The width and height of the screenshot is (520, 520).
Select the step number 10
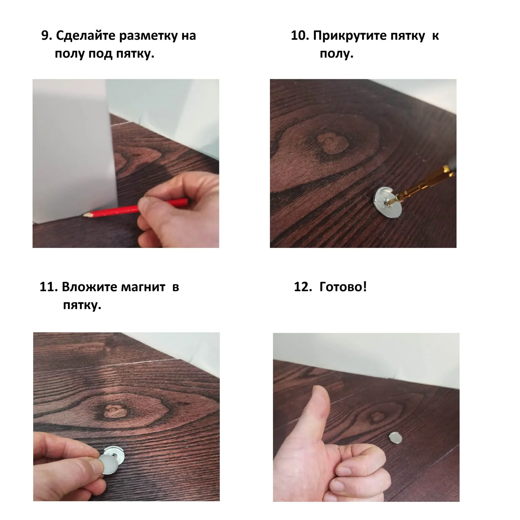(x=300, y=36)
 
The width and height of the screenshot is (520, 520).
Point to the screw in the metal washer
(x=391, y=200)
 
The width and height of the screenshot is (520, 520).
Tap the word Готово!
(x=343, y=287)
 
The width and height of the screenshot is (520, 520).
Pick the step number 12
(x=303, y=287)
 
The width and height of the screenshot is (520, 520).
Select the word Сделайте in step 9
(x=86, y=36)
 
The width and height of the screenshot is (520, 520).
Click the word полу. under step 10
(x=337, y=54)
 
